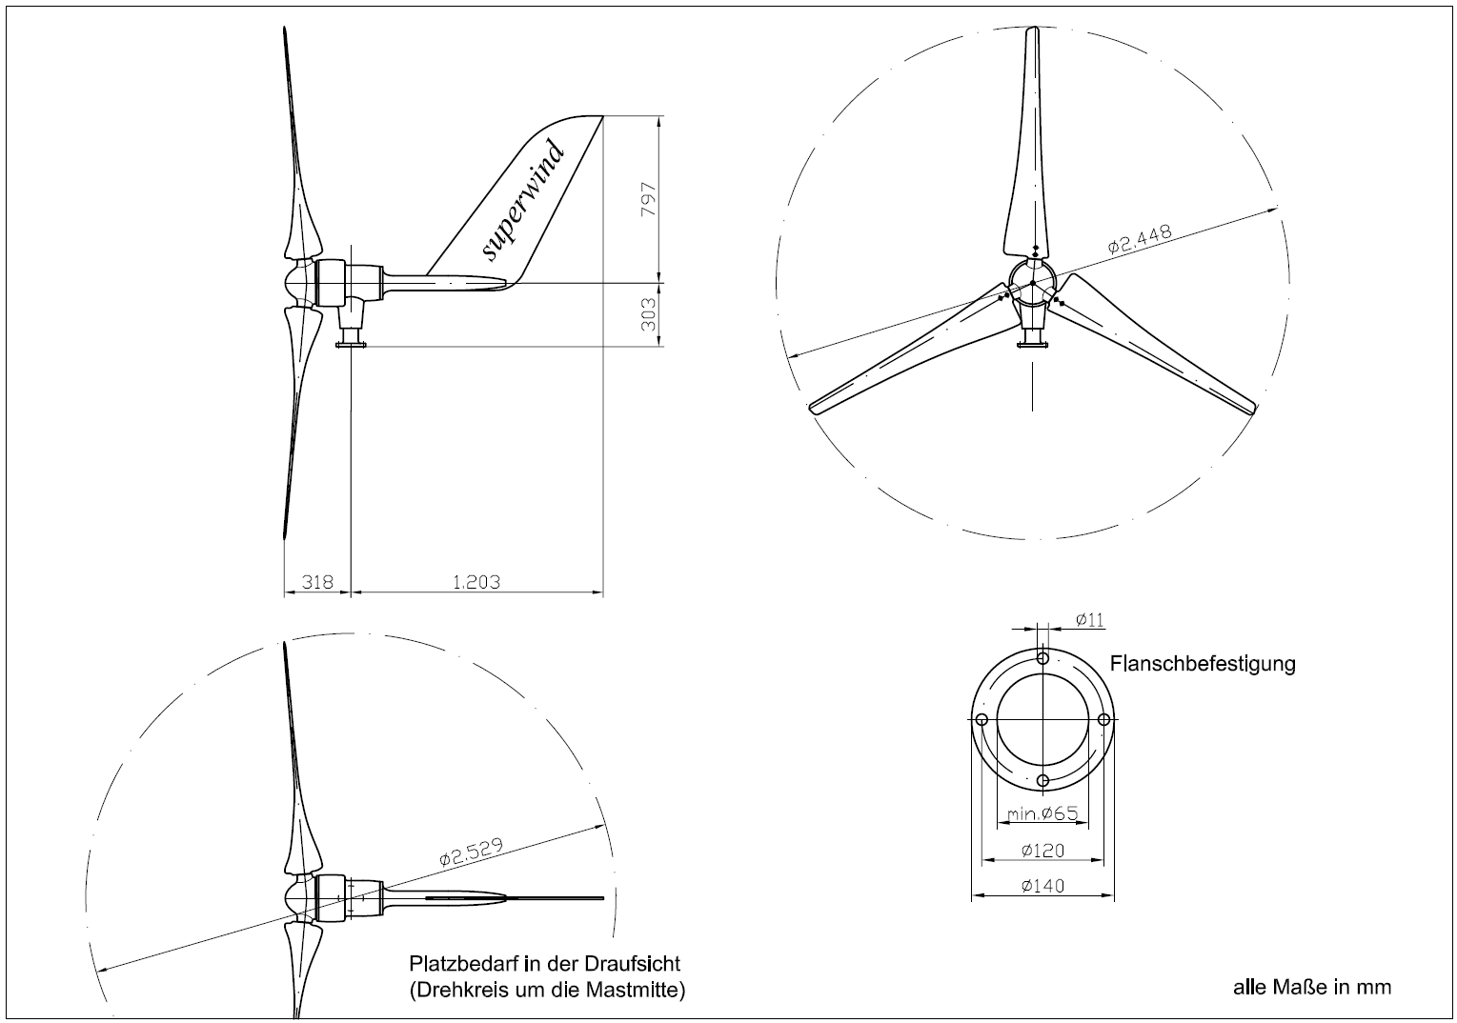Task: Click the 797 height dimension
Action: click(649, 199)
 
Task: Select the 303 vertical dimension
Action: click(649, 314)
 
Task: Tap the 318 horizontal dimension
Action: click(317, 581)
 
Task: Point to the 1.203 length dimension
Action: click(476, 581)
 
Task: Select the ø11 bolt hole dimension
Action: click(1089, 620)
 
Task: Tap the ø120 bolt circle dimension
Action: click(1042, 850)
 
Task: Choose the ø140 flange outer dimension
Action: click(1042, 886)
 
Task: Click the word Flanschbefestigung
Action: click(1203, 663)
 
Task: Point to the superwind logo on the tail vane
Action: click(523, 200)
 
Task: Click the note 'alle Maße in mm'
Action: click(1312, 987)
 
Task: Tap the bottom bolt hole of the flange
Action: click(1042, 781)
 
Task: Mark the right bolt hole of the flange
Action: click(1103, 720)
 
